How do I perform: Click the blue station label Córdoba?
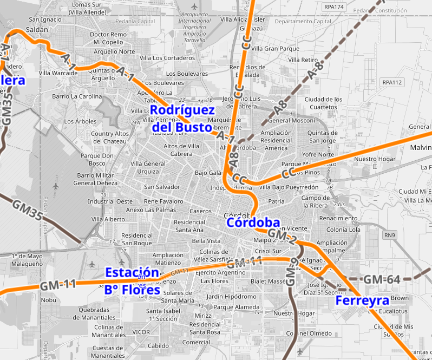pos(253,222)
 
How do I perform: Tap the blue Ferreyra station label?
pos(362,300)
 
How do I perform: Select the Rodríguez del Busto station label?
pos(181,119)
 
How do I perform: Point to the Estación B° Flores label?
pos(133,281)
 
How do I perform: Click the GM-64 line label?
pos(382,279)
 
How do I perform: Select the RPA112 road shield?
pos(392,82)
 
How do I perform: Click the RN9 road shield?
pos(390,235)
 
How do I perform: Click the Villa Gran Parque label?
pos(275,49)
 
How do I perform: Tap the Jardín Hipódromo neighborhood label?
pos(232,296)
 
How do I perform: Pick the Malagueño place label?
pos(27,264)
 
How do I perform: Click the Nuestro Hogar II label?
pos(374,163)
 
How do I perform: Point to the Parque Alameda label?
pos(236,307)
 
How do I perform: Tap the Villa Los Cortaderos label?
pos(167,58)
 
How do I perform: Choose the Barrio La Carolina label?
pos(77,96)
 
